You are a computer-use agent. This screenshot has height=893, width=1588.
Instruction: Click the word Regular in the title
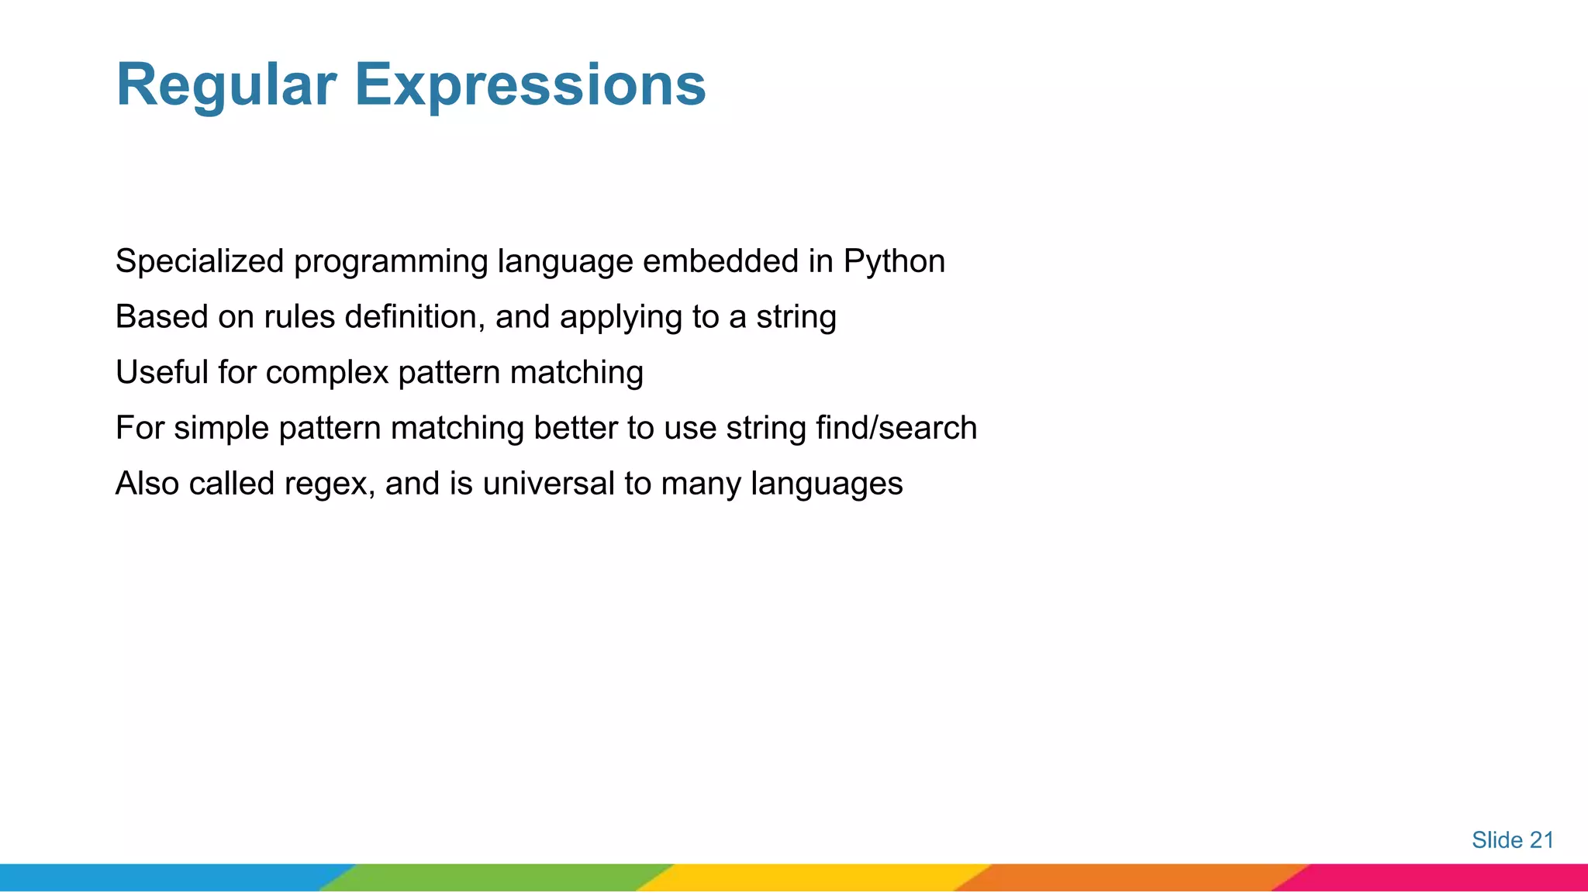[226, 85]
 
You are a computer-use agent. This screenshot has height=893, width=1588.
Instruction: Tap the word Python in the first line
[894, 262]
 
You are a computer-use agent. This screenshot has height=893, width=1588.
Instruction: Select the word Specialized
[199, 262]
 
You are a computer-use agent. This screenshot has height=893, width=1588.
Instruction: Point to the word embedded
[720, 261]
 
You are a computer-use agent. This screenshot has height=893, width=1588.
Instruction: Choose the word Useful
[161, 373]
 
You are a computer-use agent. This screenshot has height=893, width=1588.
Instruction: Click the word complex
[326, 374]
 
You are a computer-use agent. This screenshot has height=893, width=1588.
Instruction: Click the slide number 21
[1541, 840]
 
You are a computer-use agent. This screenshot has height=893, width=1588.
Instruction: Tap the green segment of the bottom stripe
[496, 877]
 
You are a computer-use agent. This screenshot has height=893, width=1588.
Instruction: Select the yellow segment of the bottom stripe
[814, 877]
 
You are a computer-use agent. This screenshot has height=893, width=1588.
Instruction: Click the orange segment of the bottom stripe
[1132, 877]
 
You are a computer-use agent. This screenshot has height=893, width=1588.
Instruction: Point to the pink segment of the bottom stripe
[1442, 877]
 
